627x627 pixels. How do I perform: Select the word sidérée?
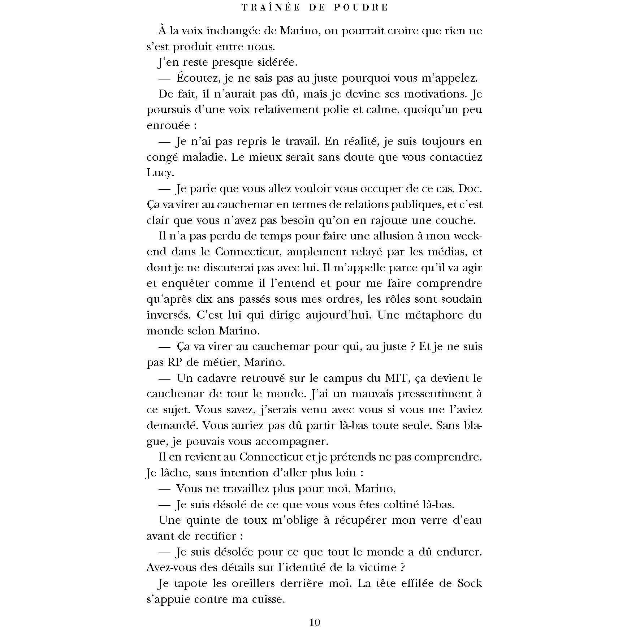tap(276, 62)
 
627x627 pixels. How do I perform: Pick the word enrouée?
tap(168, 126)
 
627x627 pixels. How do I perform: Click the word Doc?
tap(470, 189)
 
